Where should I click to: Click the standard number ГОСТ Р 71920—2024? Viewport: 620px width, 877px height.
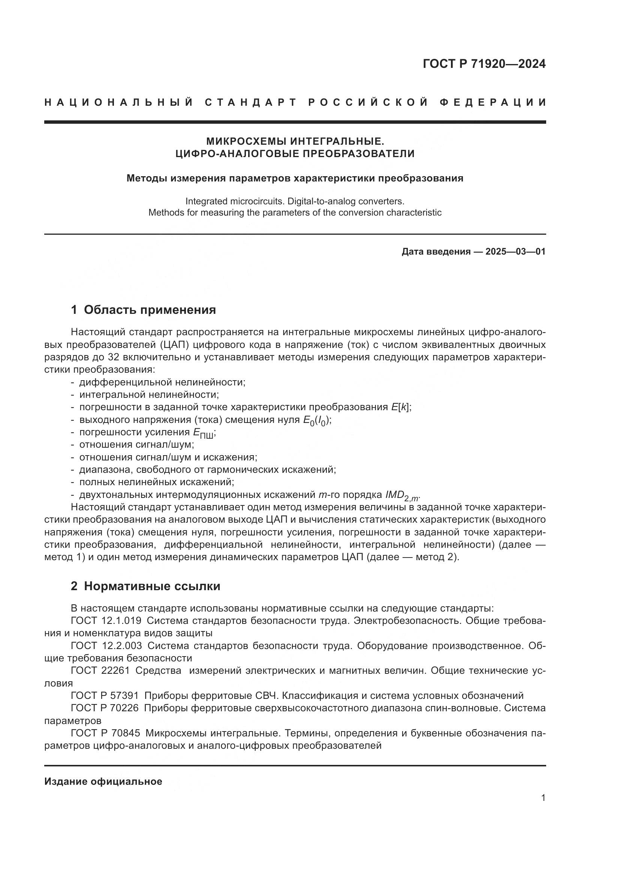click(x=484, y=64)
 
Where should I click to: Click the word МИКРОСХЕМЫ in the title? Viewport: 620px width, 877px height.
click(x=247, y=141)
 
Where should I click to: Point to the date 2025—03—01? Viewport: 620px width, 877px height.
click(x=515, y=252)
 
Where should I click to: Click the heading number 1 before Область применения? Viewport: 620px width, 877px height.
click(x=74, y=310)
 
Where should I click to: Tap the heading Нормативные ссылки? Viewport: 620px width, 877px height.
click(x=152, y=586)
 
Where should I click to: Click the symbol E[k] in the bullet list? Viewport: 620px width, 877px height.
click(x=401, y=407)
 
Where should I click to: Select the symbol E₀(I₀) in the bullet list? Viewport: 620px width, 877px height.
click(x=316, y=420)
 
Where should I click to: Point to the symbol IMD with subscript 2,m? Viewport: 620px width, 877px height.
click(x=402, y=495)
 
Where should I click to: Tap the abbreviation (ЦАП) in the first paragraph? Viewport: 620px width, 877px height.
click(x=174, y=345)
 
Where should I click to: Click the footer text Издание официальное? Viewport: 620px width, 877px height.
click(x=103, y=782)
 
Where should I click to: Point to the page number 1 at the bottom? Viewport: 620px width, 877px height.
click(x=543, y=798)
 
